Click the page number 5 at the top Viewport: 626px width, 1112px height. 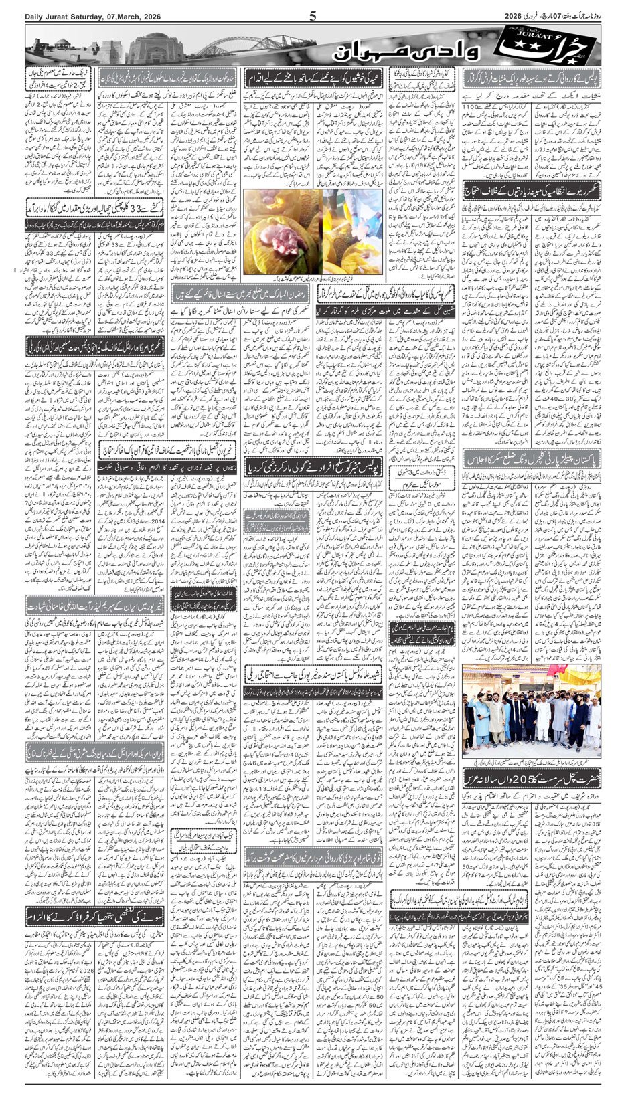[x=312, y=17]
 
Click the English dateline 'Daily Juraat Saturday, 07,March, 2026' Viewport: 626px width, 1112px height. [x=85, y=17]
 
